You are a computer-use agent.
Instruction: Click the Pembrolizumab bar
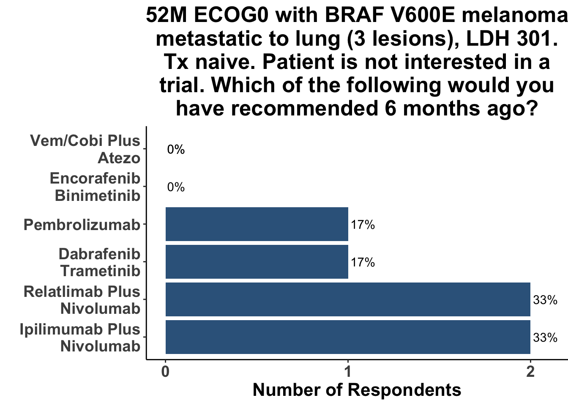pyautogui.click(x=257, y=224)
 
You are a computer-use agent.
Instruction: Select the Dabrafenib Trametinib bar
pyautogui.click(x=257, y=262)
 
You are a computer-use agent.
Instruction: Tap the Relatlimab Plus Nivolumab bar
pyautogui.click(x=348, y=299)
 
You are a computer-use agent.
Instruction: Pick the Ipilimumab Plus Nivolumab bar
pyautogui.click(x=348, y=337)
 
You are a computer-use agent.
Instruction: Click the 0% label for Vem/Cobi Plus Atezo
pyautogui.click(x=176, y=149)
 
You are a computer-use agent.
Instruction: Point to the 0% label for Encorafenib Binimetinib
pyautogui.click(x=176, y=187)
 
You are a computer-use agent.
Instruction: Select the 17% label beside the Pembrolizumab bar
pyautogui.click(x=363, y=225)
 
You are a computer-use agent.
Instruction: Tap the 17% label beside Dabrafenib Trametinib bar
pyautogui.click(x=363, y=262)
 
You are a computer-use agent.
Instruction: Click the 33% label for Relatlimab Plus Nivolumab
pyautogui.click(x=545, y=300)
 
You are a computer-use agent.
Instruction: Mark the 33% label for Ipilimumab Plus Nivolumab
pyautogui.click(x=545, y=337)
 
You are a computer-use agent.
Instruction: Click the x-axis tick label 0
pyautogui.click(x=165, y=372)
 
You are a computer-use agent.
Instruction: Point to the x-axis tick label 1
pyautogui.click(x=348, y=372)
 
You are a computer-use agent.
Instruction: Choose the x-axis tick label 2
pyautogui.click(x=530, y=372)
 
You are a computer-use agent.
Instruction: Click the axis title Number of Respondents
pyautogui.click(x=357, y=390)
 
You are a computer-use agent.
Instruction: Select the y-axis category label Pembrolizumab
pyautogui.click(x=82, y=225)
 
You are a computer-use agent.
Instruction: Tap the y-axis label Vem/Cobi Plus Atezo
pyautogui.click(x=85, y=149)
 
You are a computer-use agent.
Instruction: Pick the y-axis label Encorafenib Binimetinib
pyautogui.click(x=95, y=187)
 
